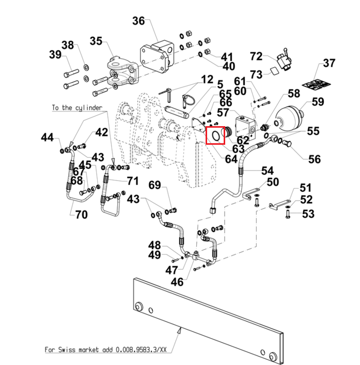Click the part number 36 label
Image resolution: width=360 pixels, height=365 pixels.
[x=138, y=21]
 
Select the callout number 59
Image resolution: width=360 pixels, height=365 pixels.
[x=318, y=102]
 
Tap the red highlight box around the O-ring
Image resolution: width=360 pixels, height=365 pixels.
[x=215, y=135]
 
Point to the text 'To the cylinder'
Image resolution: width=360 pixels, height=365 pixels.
[x=77, y=108]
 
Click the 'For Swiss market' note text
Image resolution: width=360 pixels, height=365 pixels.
[x=105, y=349]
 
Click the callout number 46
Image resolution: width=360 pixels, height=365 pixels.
[x=177, y=282]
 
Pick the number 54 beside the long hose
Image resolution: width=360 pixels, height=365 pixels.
[x=268, y=171]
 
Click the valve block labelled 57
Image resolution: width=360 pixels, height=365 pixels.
[x=245, y=127]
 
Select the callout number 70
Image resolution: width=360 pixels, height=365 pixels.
[x=82, y=215]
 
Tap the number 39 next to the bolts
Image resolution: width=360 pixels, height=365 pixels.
[x=55, y=54]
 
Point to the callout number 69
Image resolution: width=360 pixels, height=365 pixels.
[x=154, y=185]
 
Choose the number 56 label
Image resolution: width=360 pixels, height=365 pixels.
[x=315, y=159]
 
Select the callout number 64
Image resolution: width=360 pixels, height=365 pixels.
[x=231, y=159]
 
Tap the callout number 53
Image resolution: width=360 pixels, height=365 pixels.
[x=308, y=214]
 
